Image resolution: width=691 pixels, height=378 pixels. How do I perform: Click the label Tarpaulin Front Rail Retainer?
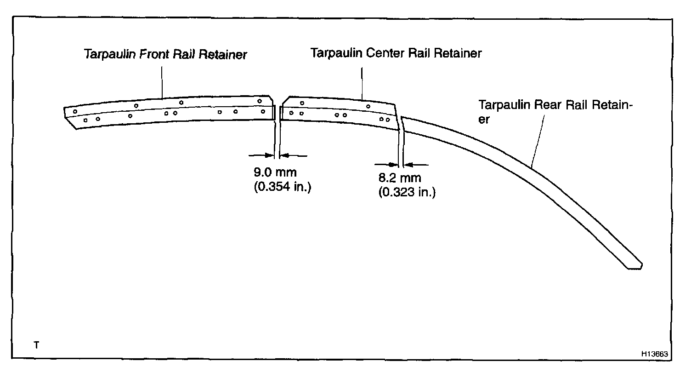tap(165, 55)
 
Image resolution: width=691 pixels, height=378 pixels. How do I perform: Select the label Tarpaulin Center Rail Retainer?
tap(396, 53)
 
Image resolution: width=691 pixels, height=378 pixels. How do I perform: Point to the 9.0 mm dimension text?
tap(275, 173)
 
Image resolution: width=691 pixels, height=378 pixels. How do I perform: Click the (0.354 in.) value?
tap(282, 188)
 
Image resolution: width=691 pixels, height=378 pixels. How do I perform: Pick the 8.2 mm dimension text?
tap(399, 178)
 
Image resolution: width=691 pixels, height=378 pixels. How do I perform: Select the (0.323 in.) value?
tap(407, 193)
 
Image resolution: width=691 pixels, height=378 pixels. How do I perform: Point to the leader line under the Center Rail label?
tap(362, 84)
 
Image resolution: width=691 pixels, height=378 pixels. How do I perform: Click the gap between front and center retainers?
tap(278, 113)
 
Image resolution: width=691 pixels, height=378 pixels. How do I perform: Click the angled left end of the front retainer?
tap(69, 117)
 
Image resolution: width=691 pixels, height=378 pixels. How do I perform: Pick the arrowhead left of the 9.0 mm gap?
tap(272, 155)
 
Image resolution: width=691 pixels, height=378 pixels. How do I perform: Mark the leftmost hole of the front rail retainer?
tap(75, 112)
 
